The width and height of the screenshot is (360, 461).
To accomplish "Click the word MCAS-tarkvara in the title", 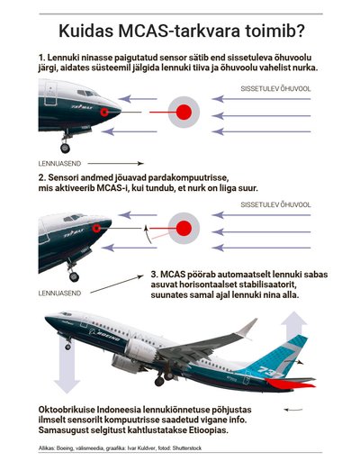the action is pos(179,31).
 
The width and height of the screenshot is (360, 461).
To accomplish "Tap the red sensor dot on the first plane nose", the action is pos(104,112).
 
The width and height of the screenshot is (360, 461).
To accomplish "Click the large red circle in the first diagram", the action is pos(184,113).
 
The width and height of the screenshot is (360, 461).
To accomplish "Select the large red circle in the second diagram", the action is pos(184,229).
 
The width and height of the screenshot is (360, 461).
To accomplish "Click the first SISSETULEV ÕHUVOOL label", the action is pos(275,89).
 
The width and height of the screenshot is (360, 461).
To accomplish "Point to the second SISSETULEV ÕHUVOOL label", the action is pos(275,205).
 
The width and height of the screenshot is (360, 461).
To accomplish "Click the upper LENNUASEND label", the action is pos(59,164).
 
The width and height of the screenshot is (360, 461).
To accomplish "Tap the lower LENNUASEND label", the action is pos(59,294).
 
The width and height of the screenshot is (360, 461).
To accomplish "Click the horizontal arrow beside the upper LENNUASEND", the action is pos(116,164).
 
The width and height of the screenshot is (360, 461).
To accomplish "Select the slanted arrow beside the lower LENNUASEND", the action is pos(117,285).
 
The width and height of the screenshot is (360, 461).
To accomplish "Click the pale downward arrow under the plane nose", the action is pos(67,365).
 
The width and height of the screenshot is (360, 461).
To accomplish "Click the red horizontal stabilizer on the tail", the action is pos(290,384).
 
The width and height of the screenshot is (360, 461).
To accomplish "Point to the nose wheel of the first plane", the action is pos(65,148).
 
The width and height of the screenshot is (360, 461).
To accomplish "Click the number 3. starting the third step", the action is pos(155,275).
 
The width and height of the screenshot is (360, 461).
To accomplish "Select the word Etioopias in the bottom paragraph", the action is pos(208,429).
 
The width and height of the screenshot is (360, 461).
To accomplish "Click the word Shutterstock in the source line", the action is pos(187,448).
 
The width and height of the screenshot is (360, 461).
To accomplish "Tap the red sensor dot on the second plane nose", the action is pos(96,229).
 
